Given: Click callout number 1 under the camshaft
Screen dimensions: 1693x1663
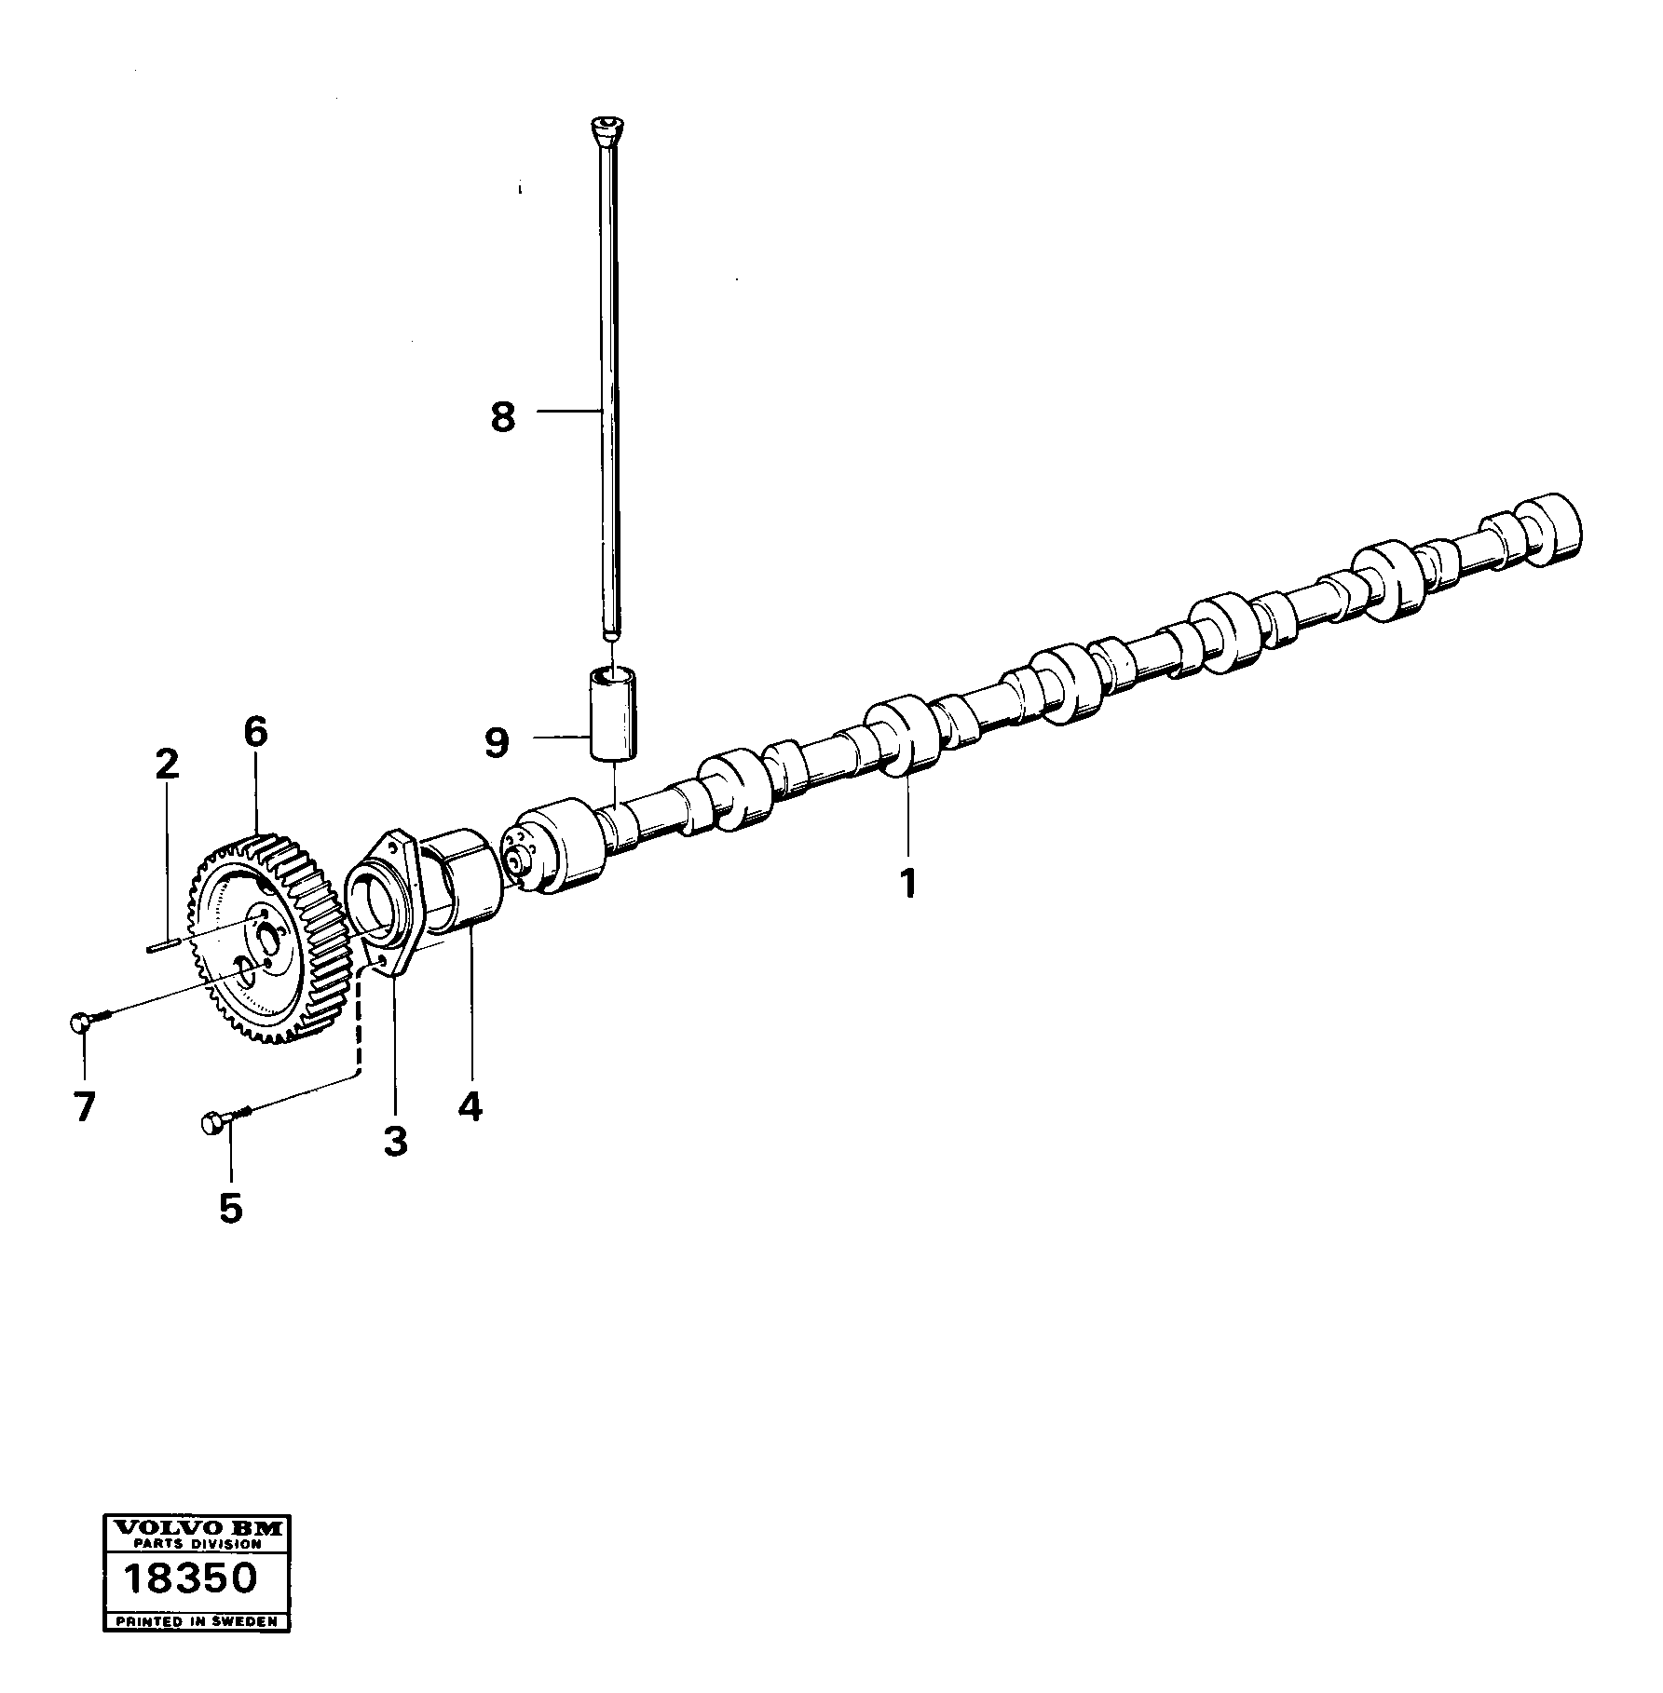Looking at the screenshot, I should pyautogui.click(x=907, y=881).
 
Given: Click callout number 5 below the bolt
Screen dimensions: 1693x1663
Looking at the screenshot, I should pyautogui.click(x=230, y=1208).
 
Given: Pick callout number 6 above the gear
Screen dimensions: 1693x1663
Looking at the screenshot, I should pyautogui.click(x=255, y=733).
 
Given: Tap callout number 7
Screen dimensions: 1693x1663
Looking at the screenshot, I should pyautogui.click(x=84, y=1107).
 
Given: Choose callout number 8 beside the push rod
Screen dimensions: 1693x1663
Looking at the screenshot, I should pyautogui.click(x=503, y=417).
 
